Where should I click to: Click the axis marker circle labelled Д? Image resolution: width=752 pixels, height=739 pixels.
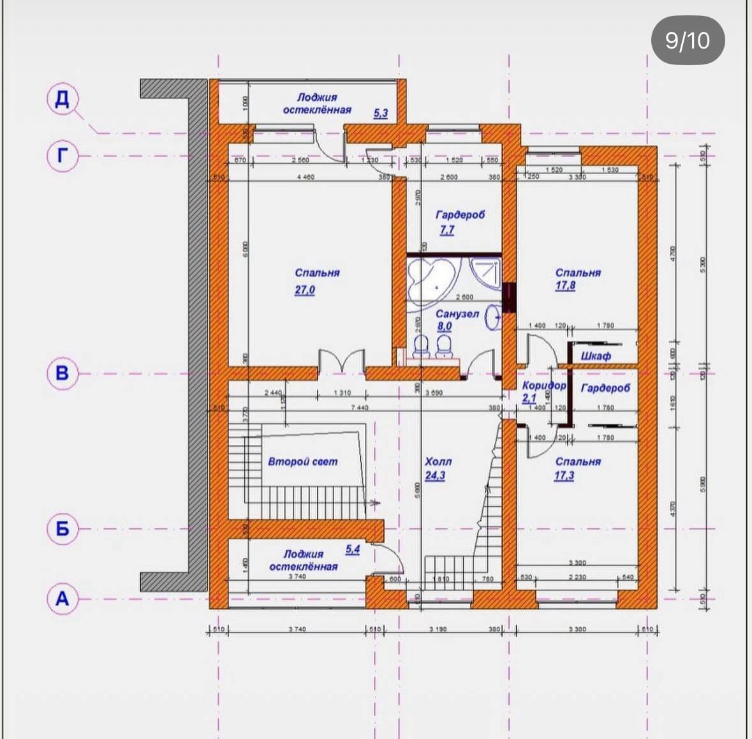(x=63, y=100)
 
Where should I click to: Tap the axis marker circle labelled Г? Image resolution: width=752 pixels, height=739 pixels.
(x=63, y=155)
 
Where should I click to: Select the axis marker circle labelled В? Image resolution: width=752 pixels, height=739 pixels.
(x=63, y=373)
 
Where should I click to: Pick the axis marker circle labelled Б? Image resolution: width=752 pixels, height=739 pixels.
(x=63, y=528)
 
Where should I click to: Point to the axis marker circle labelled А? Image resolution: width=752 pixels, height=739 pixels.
(x=63, y=599)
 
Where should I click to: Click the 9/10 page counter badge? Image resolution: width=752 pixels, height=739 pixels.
(x=687, y=41)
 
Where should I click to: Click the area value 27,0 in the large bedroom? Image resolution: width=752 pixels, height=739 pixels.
(x=304, y=290)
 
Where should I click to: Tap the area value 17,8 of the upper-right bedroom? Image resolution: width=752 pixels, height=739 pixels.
(x=564, y=286)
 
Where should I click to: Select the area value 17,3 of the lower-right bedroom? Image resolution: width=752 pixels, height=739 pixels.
(x=564, y=475)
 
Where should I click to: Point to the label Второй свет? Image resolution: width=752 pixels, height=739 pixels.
(x=302, y=461)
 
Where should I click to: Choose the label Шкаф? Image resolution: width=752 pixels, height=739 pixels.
(x=596, y=356)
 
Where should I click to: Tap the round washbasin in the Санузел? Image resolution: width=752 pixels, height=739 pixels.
(x=492, y=317)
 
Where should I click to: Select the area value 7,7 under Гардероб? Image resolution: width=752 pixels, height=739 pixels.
(x=446, y=230)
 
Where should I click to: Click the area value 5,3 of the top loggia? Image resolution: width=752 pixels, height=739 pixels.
(x=380, y=114)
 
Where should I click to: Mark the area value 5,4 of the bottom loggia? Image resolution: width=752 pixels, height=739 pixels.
(x=352, y=549)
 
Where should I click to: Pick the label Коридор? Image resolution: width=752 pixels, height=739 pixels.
(x=543, y=386)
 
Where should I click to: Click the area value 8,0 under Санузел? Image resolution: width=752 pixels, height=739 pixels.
(x=444, y=327)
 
